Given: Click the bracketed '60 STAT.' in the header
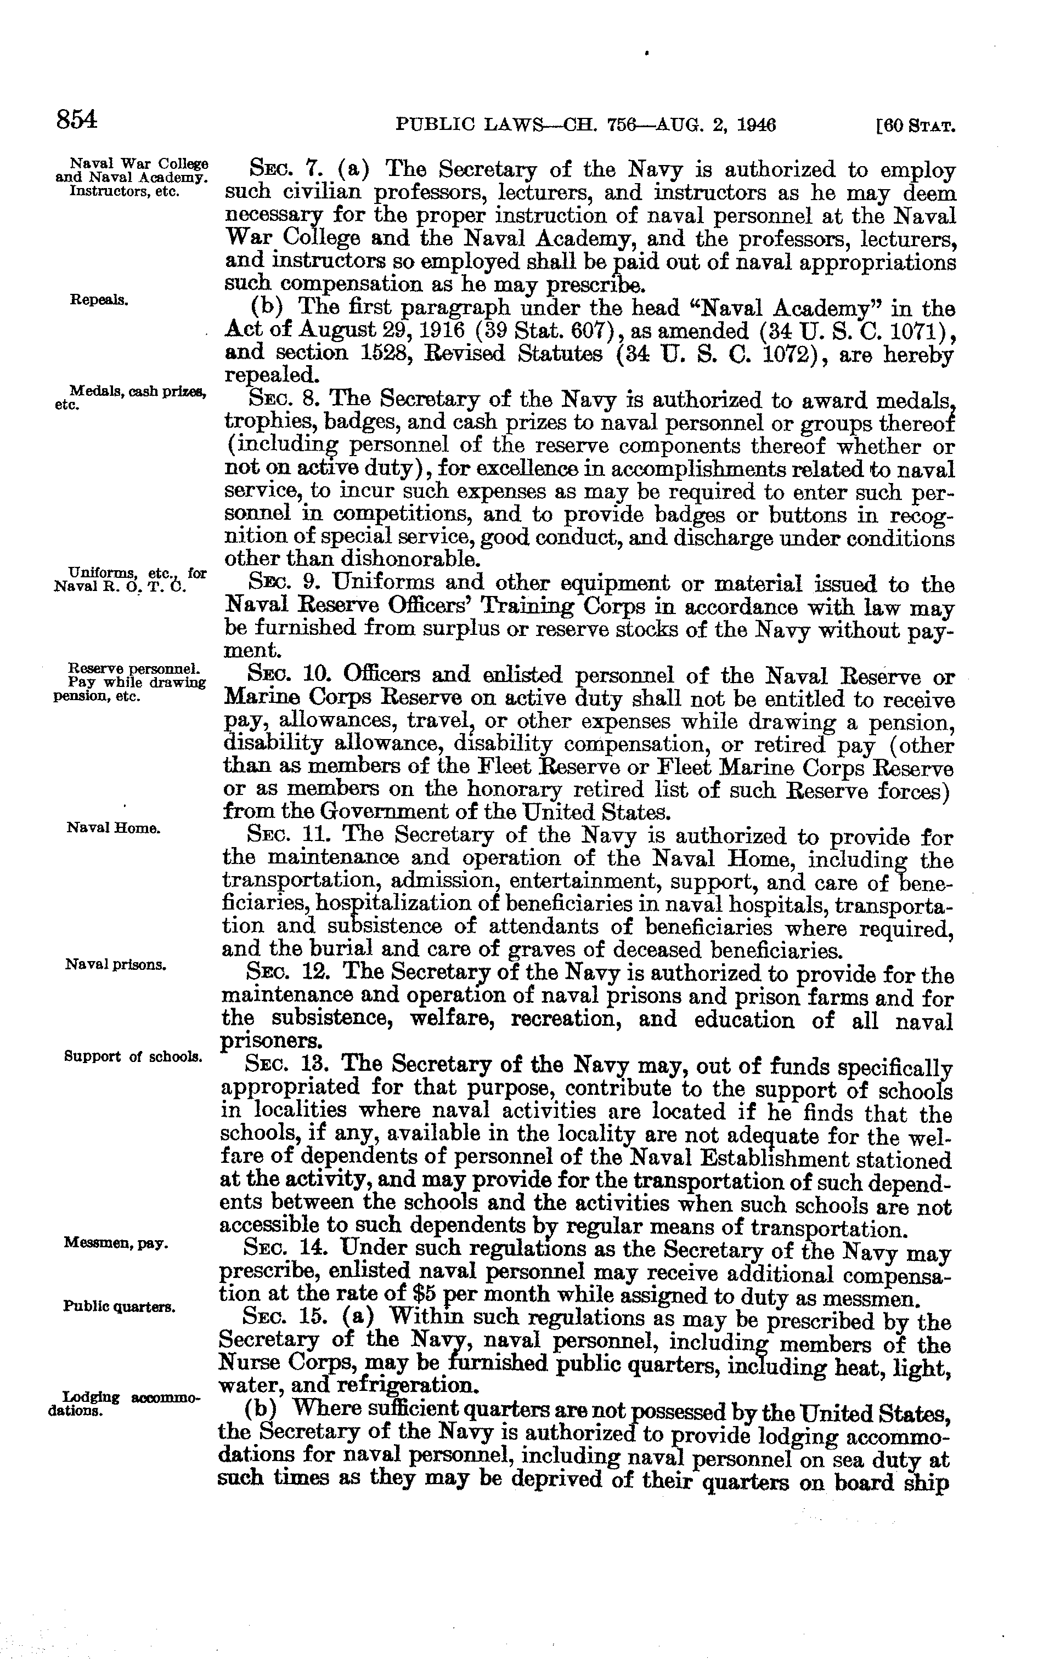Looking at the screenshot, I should point(915,127).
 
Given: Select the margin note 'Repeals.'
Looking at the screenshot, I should point(99,300).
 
